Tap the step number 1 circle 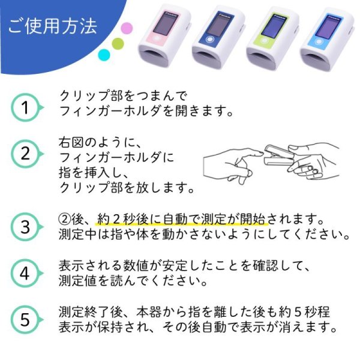pyautogui.click(x=25, y=108)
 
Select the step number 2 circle pyautogui.click(x=25, y=153)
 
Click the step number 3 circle pyautogui.click(x=25, y=227)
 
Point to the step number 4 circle pyautogui.click(x=25, y=274)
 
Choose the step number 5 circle pyautogui.click(x=25, y=320)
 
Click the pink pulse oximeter pyautogui.click(x=163, y=37)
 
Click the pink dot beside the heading pyautogui.click(x=127, y=28)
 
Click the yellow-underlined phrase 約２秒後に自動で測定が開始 pyautogui.click(x=180, y=220)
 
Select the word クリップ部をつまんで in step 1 pyautogui.click(x=123, y=96)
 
